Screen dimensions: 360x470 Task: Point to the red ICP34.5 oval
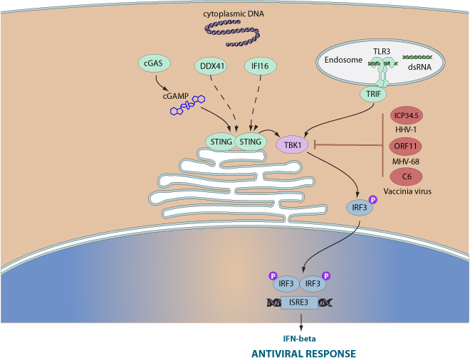pos(405,117)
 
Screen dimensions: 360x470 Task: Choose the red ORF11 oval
pos(405,147)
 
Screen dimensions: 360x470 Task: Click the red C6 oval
pos(405,176)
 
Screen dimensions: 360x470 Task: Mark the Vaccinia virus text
pos(405,191)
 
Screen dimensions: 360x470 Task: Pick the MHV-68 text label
pos(405,162)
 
